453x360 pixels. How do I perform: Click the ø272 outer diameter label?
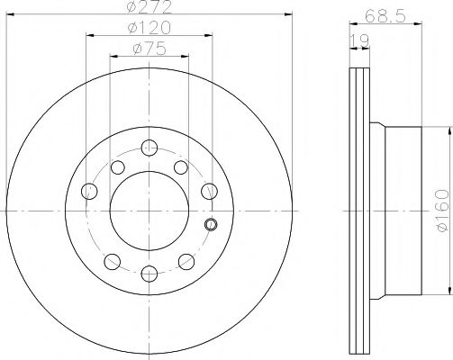pos(149,6)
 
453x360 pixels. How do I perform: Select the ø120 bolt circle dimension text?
pos(149,28)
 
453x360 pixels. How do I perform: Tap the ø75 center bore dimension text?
pos(149,49)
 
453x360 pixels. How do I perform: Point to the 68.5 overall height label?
pos(385,15)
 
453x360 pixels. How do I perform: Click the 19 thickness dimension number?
pos(359,41)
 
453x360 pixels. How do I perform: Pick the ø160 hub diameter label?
pos(443,211)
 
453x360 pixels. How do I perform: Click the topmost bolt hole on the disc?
pos(149,148)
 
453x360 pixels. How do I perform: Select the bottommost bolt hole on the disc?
pos(149,274)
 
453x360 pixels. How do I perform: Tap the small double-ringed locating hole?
pos(211,224)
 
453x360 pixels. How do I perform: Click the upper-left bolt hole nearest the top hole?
pos(118,167)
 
